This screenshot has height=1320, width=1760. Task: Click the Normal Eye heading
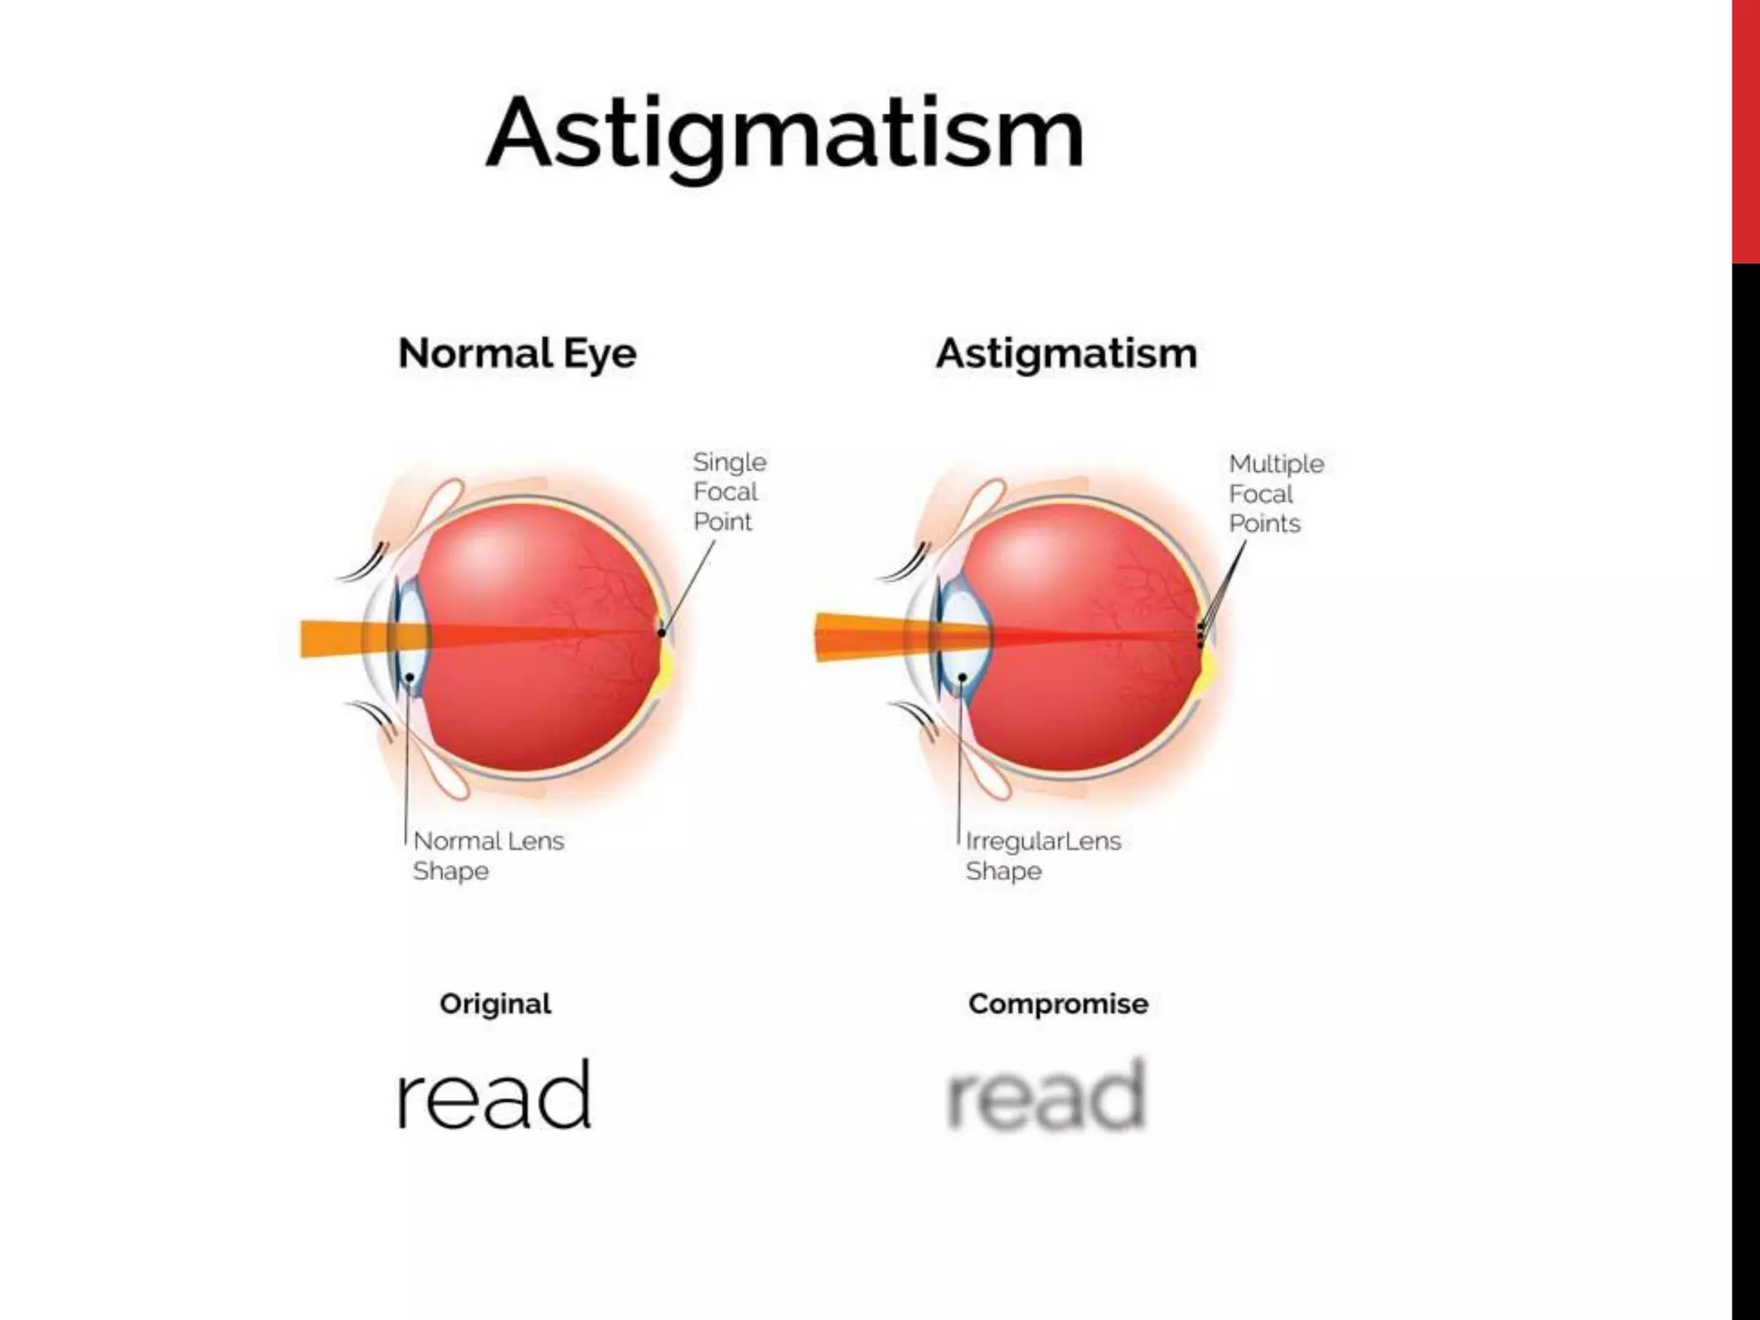[x=517, y=353]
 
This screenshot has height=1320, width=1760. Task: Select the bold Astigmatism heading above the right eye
[x=1066, y=353]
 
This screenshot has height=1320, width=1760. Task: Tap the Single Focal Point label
[x=729, y=492]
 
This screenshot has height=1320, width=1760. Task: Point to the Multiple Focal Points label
[x=1275, y=493]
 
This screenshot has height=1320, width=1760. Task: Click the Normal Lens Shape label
[x=487, y=855]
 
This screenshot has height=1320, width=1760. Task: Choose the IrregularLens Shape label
[x=1042, y=855]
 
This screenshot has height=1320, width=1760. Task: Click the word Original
[x=495, y=1004]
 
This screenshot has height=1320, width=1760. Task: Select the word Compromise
[x=1058, y=1004]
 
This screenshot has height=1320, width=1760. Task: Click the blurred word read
[x=1046, y=1096]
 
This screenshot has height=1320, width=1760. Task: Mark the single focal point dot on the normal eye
[x=662, y=633]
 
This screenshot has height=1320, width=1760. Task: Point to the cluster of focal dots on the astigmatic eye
[x=1201, y=636]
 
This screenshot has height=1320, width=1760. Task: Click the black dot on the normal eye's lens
[x=411, y=678]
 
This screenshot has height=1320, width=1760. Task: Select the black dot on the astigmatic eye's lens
[x=962, y=678]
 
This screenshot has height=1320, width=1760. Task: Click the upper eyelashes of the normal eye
[x=365, y=563]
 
